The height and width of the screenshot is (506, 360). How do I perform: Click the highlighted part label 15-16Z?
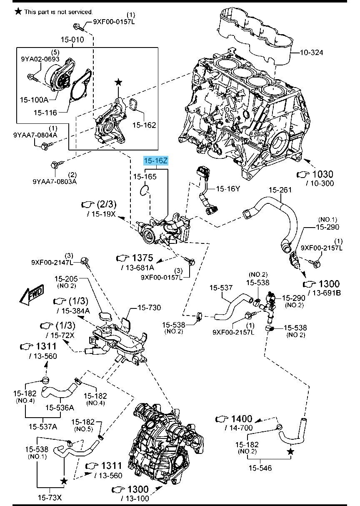click(156, 161)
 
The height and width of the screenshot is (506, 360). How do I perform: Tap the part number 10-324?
click(311, 53)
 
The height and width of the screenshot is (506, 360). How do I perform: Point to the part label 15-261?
click(279, 190)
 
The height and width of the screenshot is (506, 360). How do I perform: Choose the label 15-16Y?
click(228, 189)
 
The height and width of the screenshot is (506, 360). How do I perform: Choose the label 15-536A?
click(60, 407)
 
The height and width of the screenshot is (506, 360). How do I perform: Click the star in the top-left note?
click(18, 11)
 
